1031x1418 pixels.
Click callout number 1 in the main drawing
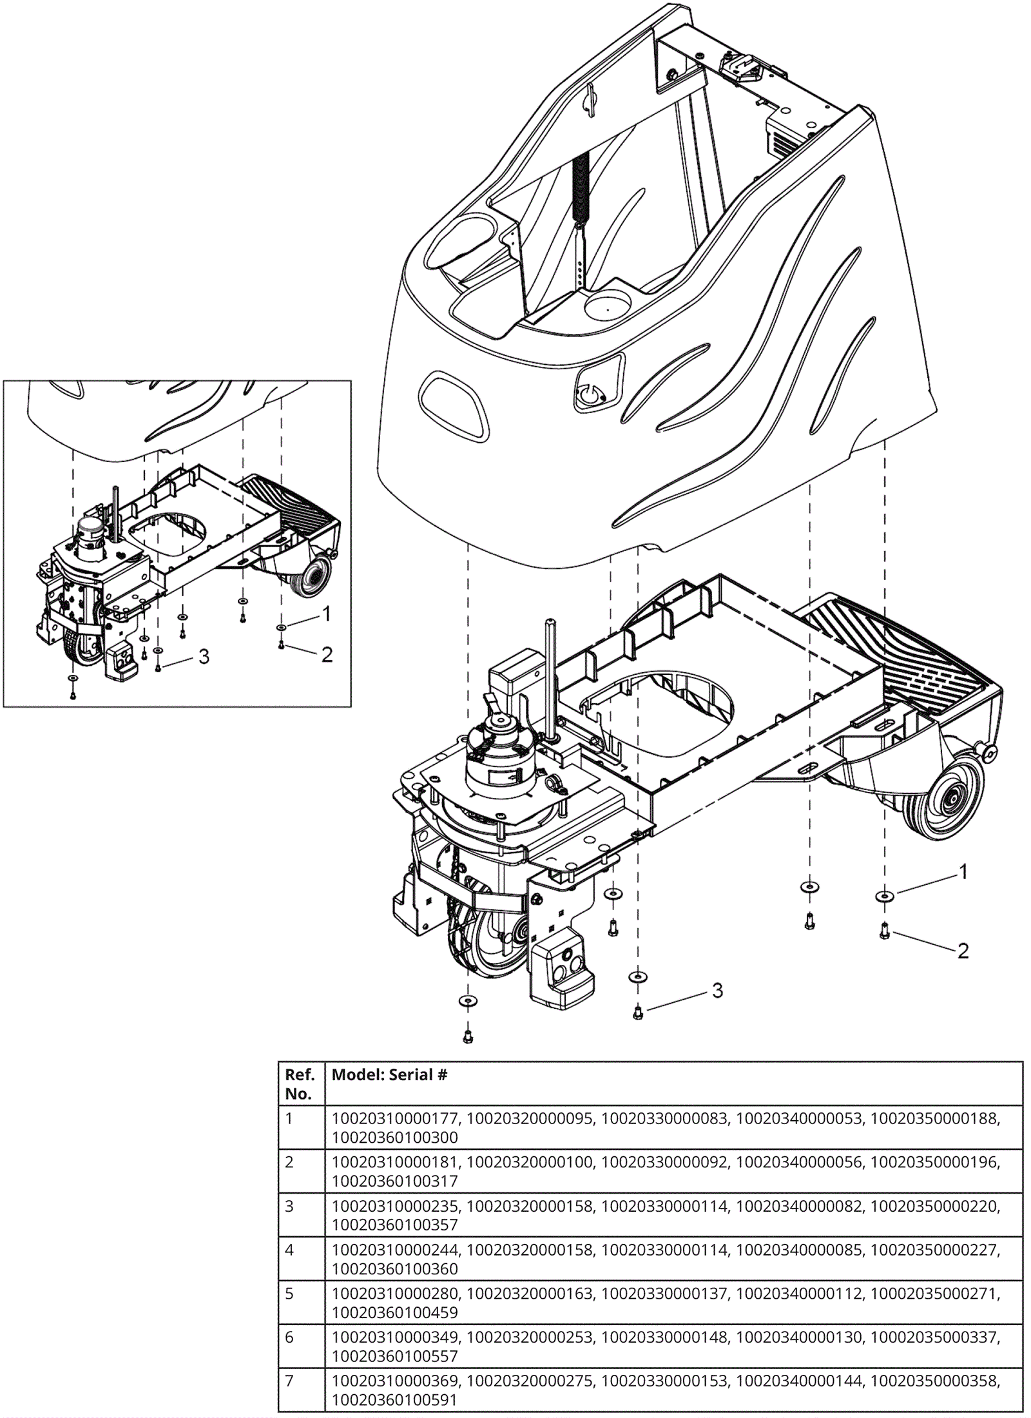pos(963,872)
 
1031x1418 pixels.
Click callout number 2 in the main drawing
pos(963,951)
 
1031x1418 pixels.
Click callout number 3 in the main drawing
pos(717,991)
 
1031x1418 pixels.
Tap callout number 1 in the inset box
pos(327,614)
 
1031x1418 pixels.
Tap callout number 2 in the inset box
pos(327,655)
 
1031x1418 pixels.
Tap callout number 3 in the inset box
pos(204,657)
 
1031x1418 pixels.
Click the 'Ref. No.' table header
pos(300,1084)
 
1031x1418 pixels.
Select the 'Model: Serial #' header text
pos(389,1075)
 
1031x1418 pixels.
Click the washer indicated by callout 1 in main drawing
pos(885,897)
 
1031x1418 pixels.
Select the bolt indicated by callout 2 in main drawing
pos(885,931)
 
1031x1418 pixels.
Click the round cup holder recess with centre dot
pos(608,306)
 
